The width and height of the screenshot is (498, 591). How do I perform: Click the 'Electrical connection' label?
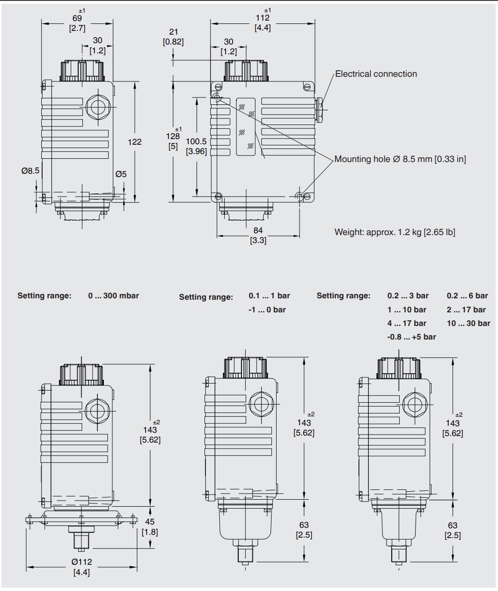click(x=376, y=74)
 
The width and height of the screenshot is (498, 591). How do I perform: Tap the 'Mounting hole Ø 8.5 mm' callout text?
click(x=400, y=159)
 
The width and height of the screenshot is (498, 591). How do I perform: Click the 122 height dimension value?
click(x=134, y=142)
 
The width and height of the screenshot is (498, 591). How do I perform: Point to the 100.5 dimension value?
click(x=196, y=141)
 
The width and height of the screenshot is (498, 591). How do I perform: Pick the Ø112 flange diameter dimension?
click(x=81, y=562)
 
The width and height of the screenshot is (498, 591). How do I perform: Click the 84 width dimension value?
click(x=258, y=230)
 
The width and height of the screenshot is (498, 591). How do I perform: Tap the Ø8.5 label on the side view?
click(x=30, y=171)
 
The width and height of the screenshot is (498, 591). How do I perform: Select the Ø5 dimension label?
click(x=121, y=174)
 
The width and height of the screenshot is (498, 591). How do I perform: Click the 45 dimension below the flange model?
click(x=150, y=522)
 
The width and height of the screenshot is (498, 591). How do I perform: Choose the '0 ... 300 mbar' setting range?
click(x=113, y=296)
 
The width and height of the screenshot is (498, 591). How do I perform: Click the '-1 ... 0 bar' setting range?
click(x=267, y=310)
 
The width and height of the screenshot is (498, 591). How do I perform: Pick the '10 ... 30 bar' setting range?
click(x=468, y=324)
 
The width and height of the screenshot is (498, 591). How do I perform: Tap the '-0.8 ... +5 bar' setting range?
click(x=411, y=337)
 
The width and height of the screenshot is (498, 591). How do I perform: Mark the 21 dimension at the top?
click(x=173, y=32)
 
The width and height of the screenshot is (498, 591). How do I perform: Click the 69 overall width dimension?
click(x=77, y=18)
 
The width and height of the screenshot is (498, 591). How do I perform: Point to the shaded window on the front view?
click(x=246, y=126)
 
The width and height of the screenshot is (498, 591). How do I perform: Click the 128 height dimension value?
click(x=173, y=136)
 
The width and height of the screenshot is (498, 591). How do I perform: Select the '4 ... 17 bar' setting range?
click(x=407, y=324)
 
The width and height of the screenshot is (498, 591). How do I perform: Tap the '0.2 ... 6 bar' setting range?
click(x=467, y=296)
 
